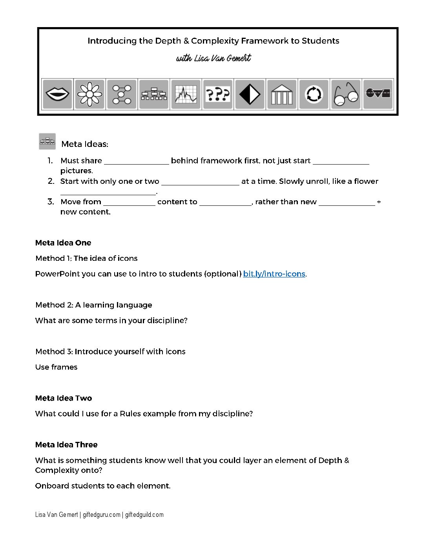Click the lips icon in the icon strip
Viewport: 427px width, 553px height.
pyautogui.click(x=57, y=94)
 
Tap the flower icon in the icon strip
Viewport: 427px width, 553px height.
pyautogui.click(x=89, y=94)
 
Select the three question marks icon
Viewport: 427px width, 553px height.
pyautogui.click(x=218, y=94)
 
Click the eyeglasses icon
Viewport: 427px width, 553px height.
pyautogui.click(x=346, y=94)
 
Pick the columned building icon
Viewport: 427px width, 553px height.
pyautogui.click(x=282, y=94)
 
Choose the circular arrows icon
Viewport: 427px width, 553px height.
pyautogui.click(x=314, y=94)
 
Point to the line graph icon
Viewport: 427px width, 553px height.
pyautogui.click(x=186, y=94)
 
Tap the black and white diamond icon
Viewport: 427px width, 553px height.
pyautogui.click(x=250, y=94)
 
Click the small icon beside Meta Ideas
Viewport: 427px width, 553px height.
pyautogui.click(x=47, y=141)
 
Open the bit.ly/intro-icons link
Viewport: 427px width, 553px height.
pyautogui.click(x=274, y=274)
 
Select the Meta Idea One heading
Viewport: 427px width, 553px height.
pyautogui.click(x=63, y=243)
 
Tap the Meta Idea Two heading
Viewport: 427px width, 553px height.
pyautogui.click(x=64, y=398)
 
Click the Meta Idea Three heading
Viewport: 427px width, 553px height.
pyautogui.click(x=66, y=445)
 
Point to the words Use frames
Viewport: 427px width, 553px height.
pyautogui.click(x=56, y=367)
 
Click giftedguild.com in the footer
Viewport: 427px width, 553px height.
pyautogui.click(x=144, y=515)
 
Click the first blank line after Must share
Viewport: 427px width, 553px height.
pyautogui.click(x=136, y=161)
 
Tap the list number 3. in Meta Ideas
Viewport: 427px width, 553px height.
pyautogui.click(x=51, y=202)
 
